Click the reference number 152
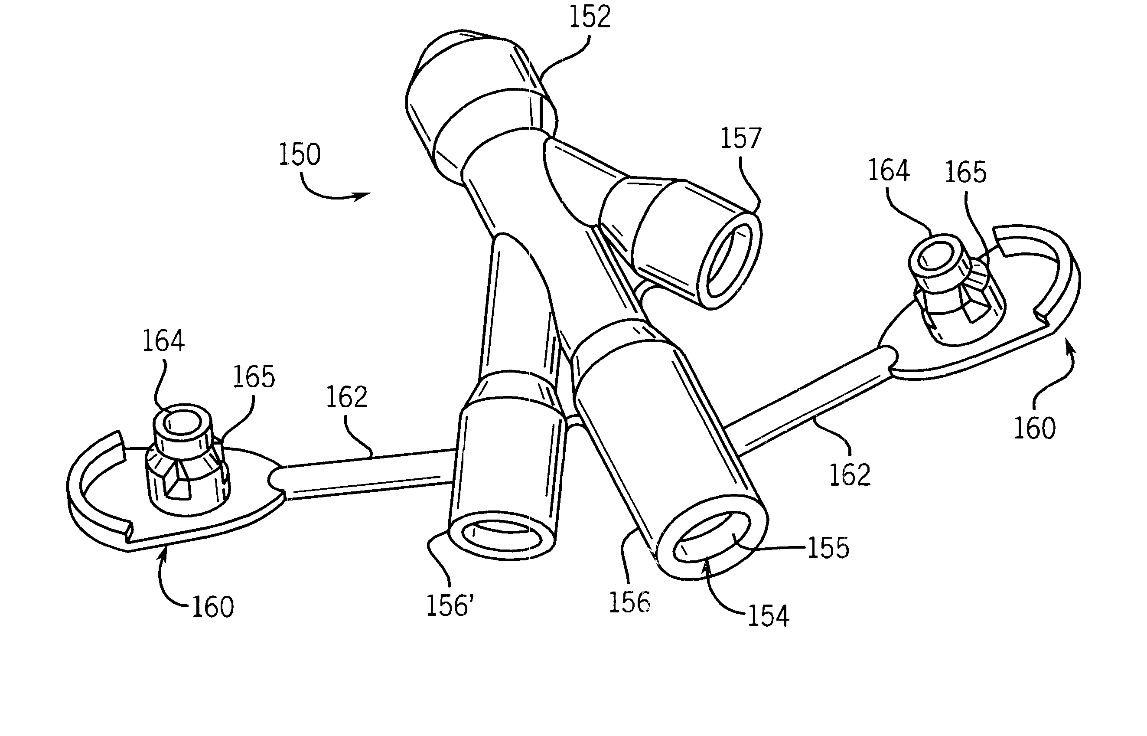tap(590, 17)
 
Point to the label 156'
tap(450, 605)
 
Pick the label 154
tap(769, 615)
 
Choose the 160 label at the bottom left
tap(212, 607)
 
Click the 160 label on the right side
tap(1034, 428)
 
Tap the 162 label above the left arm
tap(346, 397)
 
